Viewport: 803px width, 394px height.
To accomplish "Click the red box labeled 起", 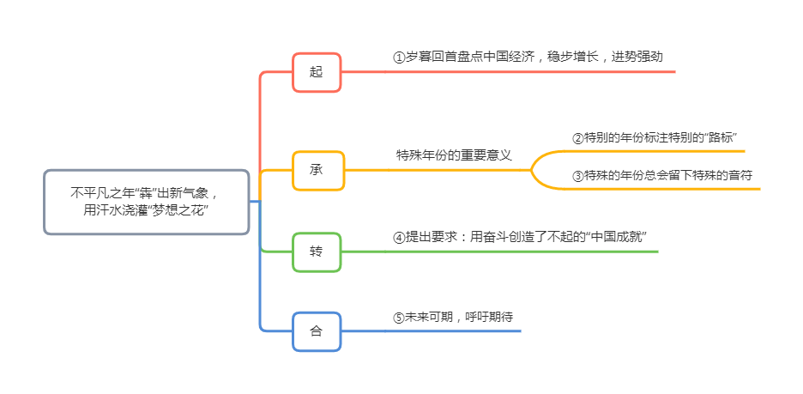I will pyautogui.click(x=317, y=72).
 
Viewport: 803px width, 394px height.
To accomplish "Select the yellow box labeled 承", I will pyautogui.click(x=317, y=170).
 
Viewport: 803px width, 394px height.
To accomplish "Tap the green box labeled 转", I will pyautogui.click(x=317, y=252).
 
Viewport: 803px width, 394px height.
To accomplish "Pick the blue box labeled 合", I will pyautogui.click(x=317, y=331).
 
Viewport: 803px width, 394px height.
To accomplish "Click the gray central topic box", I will pyautogui.click(x=146, y=202).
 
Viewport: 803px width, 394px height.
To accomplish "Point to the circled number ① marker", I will pyautogui.click(x=398, y=57).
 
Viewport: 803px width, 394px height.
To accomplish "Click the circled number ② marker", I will pyautogui.click(x=577, y=138).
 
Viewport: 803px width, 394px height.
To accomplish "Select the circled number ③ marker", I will pyautogui.click(x=577, y=176).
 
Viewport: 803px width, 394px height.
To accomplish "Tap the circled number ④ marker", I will pyautogui.click(x=398, y=237).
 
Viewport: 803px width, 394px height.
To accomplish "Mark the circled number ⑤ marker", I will pyautogui.click(x=398, y=317).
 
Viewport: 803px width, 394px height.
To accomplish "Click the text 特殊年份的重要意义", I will pyautogui.click(x=454, y=155).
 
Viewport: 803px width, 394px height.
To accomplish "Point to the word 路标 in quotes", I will pyautogui.click(x=719, y=138).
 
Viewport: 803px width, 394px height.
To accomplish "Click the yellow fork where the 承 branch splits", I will pyautogui.click(x=533, y=170).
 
